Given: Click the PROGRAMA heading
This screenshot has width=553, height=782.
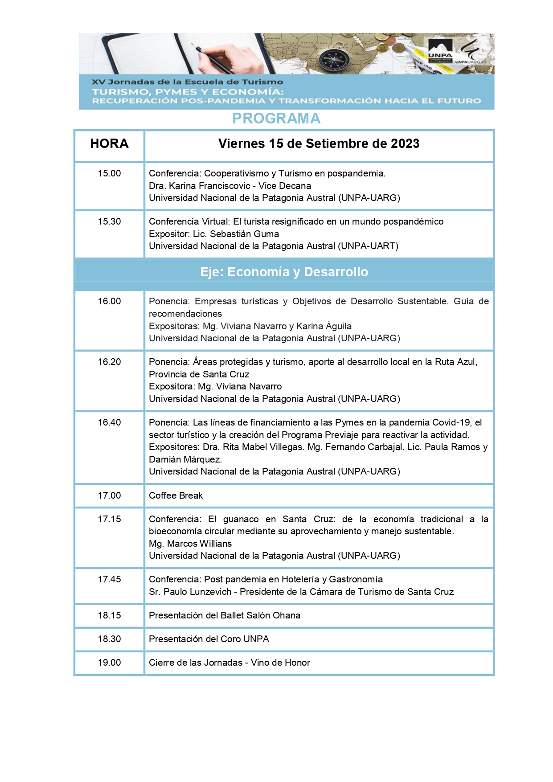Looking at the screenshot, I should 276,119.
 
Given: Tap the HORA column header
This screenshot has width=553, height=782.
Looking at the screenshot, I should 109,143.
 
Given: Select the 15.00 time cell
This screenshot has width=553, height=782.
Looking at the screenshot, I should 109,173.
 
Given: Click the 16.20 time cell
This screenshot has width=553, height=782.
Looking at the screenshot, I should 109,362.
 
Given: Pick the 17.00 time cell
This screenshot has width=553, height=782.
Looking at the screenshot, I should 109,495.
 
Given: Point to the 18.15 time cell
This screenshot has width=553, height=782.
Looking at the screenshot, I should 109,615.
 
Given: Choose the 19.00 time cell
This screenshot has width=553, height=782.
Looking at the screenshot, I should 109,663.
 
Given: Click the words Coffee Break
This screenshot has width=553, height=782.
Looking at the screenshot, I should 176,495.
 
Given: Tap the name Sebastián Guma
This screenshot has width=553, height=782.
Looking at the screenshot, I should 244,234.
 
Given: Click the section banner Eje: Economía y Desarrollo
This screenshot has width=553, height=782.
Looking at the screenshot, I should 284,272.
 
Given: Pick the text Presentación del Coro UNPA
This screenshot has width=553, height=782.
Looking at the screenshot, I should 209,639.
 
